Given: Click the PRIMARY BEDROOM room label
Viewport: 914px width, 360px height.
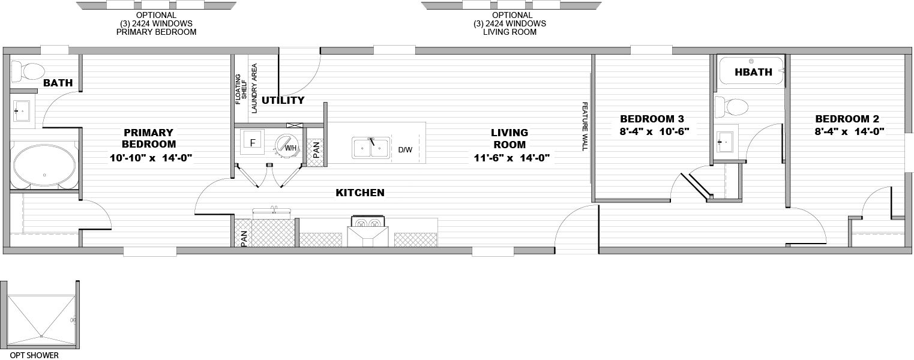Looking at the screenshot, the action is coord(149,139).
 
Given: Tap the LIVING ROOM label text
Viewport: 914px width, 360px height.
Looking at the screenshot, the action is coord(510,139).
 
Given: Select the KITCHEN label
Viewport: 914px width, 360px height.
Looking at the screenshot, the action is coord(360,193).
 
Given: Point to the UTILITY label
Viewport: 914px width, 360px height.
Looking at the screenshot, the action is coord(283,100).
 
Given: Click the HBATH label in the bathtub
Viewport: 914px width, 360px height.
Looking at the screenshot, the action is coord(753,72).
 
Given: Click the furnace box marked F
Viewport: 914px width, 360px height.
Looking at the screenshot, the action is coord(252,142).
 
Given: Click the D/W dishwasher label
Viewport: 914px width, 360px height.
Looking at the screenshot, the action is coord(405,150).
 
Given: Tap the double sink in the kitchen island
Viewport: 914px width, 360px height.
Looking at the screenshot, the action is coord(370,148).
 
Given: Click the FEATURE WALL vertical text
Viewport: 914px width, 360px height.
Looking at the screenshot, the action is coord(585,127).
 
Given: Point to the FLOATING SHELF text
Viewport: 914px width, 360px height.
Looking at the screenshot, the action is coord(241,89).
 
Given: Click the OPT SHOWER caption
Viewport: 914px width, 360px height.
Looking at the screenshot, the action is coord(34,355).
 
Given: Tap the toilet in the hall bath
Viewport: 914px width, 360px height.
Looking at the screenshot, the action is coord(732,107).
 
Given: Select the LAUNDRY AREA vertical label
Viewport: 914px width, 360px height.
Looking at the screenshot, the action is coord(254,88).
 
